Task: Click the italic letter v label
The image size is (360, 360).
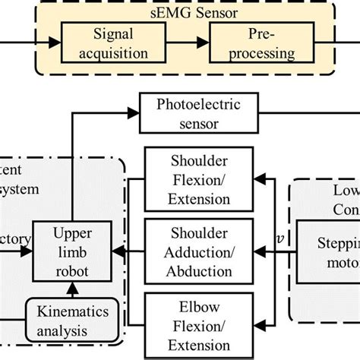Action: pos(281,238)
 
